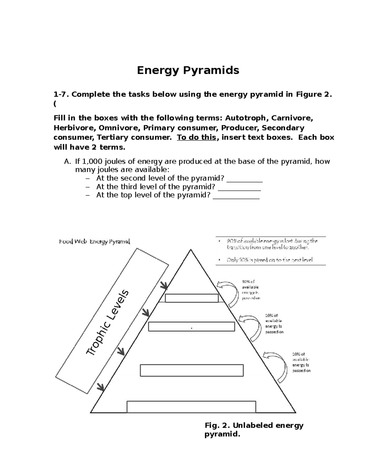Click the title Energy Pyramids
(x=188, y=70)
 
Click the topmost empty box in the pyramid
(x=192, y=298)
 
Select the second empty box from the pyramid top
(x=192, y=327)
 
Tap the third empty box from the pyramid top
(x=192, y=370)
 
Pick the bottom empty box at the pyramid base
(x=191, y=407)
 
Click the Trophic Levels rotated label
(x=108, y=323)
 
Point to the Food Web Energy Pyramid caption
(x=95, y=242)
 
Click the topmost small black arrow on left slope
(x=164, y=285)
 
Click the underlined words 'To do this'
(x=196, y=137)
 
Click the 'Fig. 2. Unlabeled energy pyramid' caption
(x=254, y=429)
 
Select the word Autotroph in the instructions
(x=246, y=118)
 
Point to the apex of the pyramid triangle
(x=191, y=250)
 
